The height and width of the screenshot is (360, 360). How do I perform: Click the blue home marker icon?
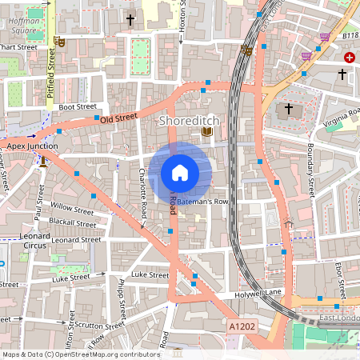180,172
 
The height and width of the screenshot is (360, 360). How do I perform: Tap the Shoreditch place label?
184,121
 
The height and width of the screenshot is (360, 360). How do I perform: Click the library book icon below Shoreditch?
206,132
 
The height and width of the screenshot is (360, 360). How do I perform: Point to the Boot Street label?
78,106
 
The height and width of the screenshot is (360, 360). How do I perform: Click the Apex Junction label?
32,146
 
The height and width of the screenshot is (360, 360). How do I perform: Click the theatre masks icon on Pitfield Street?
59,40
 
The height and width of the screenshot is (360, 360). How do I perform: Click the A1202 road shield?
242,327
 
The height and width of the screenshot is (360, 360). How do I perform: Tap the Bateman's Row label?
203,202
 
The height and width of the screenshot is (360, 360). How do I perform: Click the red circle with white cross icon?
350,58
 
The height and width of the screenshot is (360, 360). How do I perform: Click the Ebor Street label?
340,279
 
